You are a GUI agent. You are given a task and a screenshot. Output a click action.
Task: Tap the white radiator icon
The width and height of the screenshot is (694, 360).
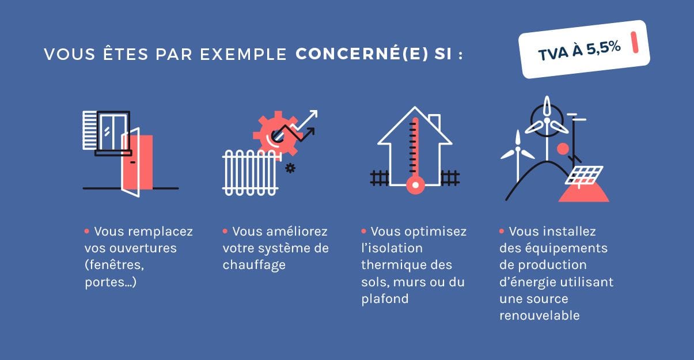(x=251, y=171)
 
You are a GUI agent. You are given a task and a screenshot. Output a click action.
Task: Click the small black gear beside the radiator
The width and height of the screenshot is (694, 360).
(x=290, y=168)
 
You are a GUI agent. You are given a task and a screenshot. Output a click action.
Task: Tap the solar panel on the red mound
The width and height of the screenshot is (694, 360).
(x=585, y=175)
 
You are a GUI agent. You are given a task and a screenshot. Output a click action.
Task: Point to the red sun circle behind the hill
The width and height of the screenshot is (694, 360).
(x=563, y=149)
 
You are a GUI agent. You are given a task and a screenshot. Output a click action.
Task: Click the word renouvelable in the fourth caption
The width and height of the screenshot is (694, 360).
(x=539, y=316)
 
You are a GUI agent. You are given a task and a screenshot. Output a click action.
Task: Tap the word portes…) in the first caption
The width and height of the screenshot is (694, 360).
(x=110, y=282)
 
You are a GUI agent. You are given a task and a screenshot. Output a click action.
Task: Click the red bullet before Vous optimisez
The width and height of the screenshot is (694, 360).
(x=363, y=231)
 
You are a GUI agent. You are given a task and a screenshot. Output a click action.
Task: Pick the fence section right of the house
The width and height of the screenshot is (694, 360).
(x=450, y=177)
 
